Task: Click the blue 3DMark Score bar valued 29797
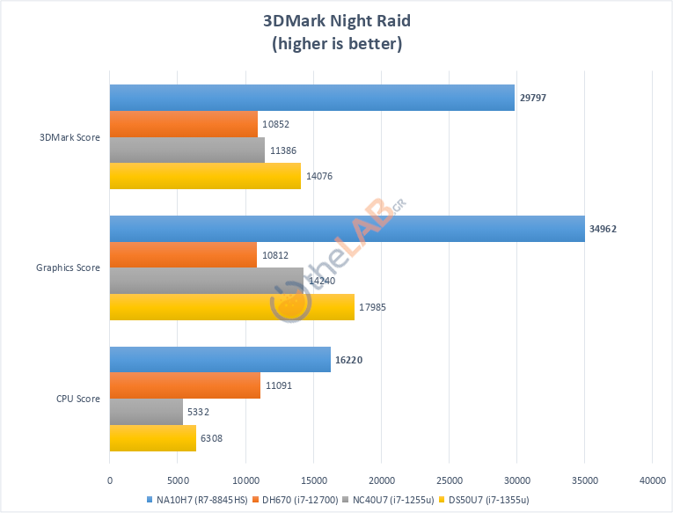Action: (x=311, y=98)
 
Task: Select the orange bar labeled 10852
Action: (x=183, y=124)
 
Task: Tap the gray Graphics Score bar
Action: (x=206, y=281)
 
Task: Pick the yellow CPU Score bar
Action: (x=152, y=438)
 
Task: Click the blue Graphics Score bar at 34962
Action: (x=347, y=229)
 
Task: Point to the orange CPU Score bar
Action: (x=185, y=385)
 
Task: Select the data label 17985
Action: (x=374, y=307)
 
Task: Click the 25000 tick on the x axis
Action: (x=449, y=480)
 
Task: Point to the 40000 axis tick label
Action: (x=652, y=480)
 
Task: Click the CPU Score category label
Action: (x=77, y=399)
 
